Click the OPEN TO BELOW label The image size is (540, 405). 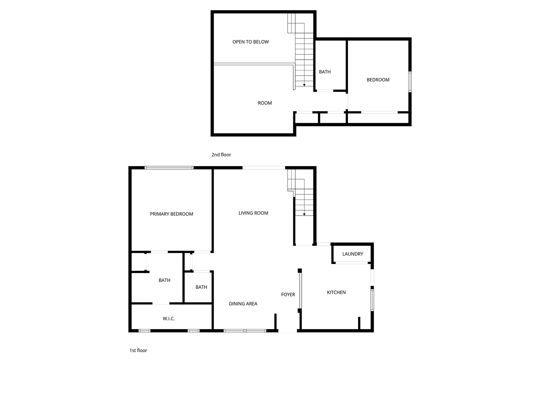[x=250, y=42]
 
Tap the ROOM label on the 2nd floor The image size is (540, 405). [x=265, y=103]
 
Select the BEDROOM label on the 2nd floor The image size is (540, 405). [x=378, y=80]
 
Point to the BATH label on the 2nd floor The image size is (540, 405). [x=325, y=72]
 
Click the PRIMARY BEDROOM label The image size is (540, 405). [x=171, y=214]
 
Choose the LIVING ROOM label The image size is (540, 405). [x=253, y=213]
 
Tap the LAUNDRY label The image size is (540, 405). [x=353, y=254]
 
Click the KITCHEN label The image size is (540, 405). [x=336, y=292]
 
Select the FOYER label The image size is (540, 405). [x=288, y=295]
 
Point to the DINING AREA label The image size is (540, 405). [x=243, y=304]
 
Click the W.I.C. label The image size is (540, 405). [x=168, y=319]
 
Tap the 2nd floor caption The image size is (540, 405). [x=221, y=155]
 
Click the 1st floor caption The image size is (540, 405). [x=138, y=350]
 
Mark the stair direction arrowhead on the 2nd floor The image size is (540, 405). [x=304, y=85]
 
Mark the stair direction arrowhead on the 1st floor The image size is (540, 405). [x=304, y=214]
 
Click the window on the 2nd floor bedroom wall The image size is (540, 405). [x=410, y=82]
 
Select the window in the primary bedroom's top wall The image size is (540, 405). [x=169, y=168]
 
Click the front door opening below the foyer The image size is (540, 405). [x=288, y=331]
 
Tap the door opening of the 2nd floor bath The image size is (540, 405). [x=325, y=91]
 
